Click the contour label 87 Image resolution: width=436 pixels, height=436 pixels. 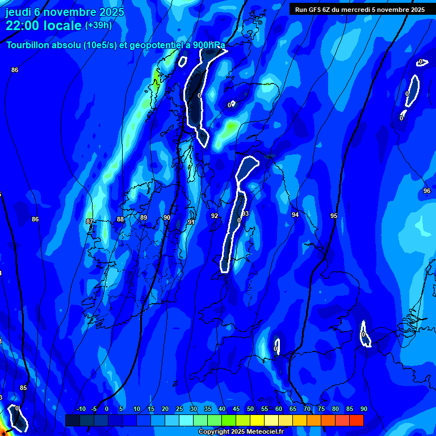89,221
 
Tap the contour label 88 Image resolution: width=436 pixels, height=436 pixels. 120,219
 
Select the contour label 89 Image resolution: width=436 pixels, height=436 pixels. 144,217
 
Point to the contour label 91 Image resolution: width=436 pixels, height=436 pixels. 191,222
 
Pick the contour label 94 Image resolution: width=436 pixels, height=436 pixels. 295,215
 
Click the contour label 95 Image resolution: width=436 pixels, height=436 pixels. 334,216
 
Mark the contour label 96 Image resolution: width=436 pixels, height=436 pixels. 427,191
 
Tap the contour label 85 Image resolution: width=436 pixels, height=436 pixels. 23,388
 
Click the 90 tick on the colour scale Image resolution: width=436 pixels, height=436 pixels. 363,409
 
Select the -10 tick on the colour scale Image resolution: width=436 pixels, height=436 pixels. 81,409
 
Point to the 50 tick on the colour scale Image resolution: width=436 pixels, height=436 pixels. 250,409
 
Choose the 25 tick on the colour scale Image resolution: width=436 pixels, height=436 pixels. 179,409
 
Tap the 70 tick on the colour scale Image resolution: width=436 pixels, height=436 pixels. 307,409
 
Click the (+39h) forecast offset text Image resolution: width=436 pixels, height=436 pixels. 98,25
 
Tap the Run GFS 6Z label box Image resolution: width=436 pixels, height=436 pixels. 360,9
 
